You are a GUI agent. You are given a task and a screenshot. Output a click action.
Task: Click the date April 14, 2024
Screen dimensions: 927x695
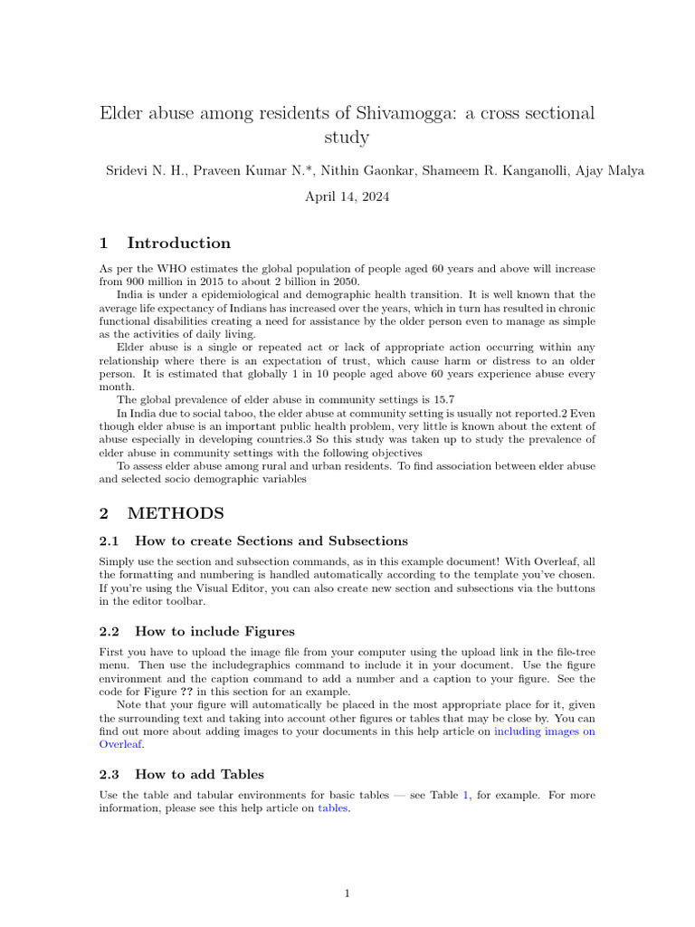(x=347, y=196)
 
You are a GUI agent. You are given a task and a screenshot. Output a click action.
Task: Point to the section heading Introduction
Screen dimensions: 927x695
(x=179, y=243)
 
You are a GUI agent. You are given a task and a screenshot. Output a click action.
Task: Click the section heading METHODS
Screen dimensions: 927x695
(x=176, y=513)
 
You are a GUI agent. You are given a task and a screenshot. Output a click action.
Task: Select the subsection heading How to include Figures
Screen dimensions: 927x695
(x=214, y=631)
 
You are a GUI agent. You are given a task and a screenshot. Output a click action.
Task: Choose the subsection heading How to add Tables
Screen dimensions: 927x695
(x=199, y=774)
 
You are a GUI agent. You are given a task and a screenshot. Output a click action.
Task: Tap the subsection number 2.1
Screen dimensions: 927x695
(x=109, y=541)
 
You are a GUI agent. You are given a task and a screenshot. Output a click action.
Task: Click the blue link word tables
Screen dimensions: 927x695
(x=333, y=809)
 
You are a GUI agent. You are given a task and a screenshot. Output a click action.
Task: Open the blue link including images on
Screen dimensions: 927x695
(x=545, y=731)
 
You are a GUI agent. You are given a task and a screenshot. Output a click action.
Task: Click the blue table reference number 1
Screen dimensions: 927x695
(x=466, y=796)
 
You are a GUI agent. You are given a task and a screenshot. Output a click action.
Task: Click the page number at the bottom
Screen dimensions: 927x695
(x=347, y=894)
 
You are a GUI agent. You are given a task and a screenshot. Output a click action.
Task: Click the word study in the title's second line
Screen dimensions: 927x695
(x=347, y=139)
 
